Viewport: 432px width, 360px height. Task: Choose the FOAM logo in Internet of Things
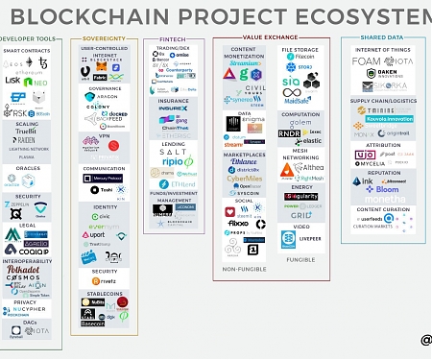click(x=366, y=60)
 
